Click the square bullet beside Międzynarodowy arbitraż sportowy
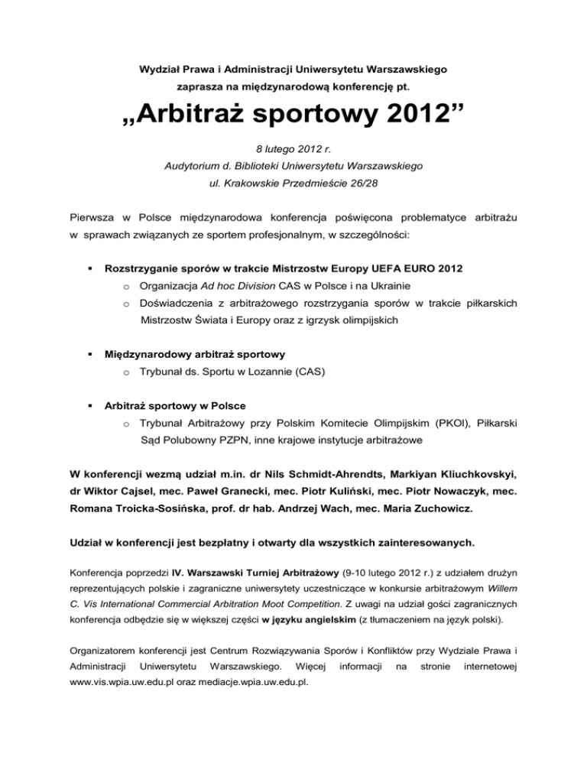[90, 355]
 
